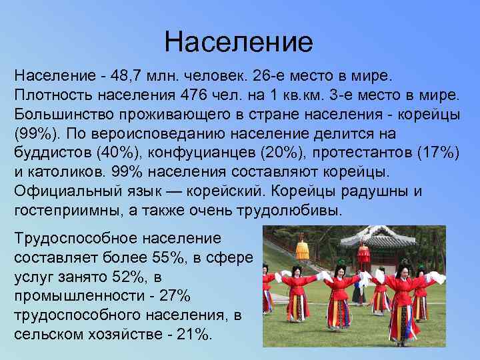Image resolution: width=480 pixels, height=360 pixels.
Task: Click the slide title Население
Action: coord(239,42)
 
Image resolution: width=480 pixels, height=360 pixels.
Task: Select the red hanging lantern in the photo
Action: coord(363,253)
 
